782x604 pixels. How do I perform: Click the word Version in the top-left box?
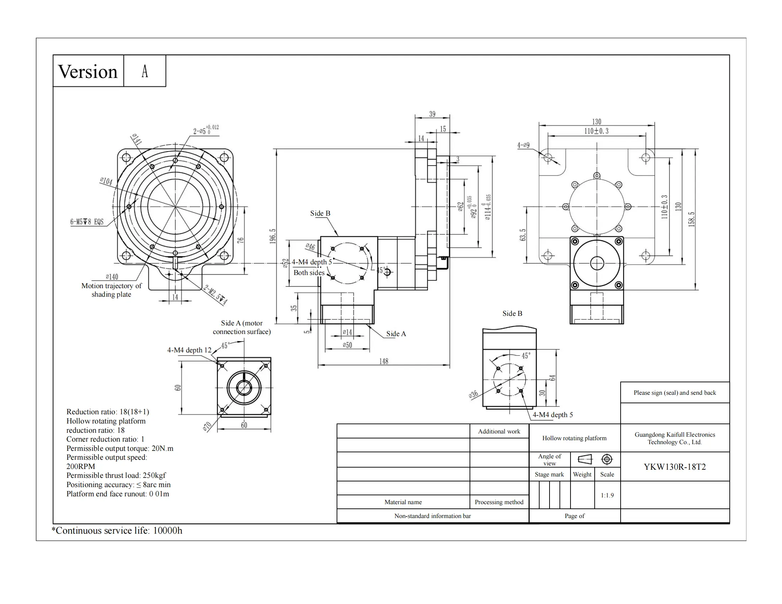click(x=87, y=71)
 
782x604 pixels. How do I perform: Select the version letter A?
click(x=145, y=71)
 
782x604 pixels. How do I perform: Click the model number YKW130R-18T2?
click(x=675, y=467)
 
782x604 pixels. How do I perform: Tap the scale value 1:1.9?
click(x=607, y=495)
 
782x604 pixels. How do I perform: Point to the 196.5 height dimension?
click(x=273, y=236)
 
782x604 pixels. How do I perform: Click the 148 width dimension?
click(x=384, y=361)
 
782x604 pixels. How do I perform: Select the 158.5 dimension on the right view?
click(x=692, y=219)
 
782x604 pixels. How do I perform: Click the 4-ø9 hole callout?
click(x=523, y=145)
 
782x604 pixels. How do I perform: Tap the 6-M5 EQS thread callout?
click(x=87, y=222)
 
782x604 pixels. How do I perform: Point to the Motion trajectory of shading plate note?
click(x=111, y=290)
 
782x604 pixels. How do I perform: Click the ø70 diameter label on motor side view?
click(x=207, y=426)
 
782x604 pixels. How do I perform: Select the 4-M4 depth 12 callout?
click(x=189, y=350)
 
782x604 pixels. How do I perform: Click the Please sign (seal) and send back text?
click(x=675, y=393)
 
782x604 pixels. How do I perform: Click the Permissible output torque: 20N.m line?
click(x=119, y=448)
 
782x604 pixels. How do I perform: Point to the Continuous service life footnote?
click(x=117, y=530)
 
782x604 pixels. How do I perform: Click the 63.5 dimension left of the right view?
click(x=523, y=235)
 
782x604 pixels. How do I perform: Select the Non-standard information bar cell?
click(x=433, y=516)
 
